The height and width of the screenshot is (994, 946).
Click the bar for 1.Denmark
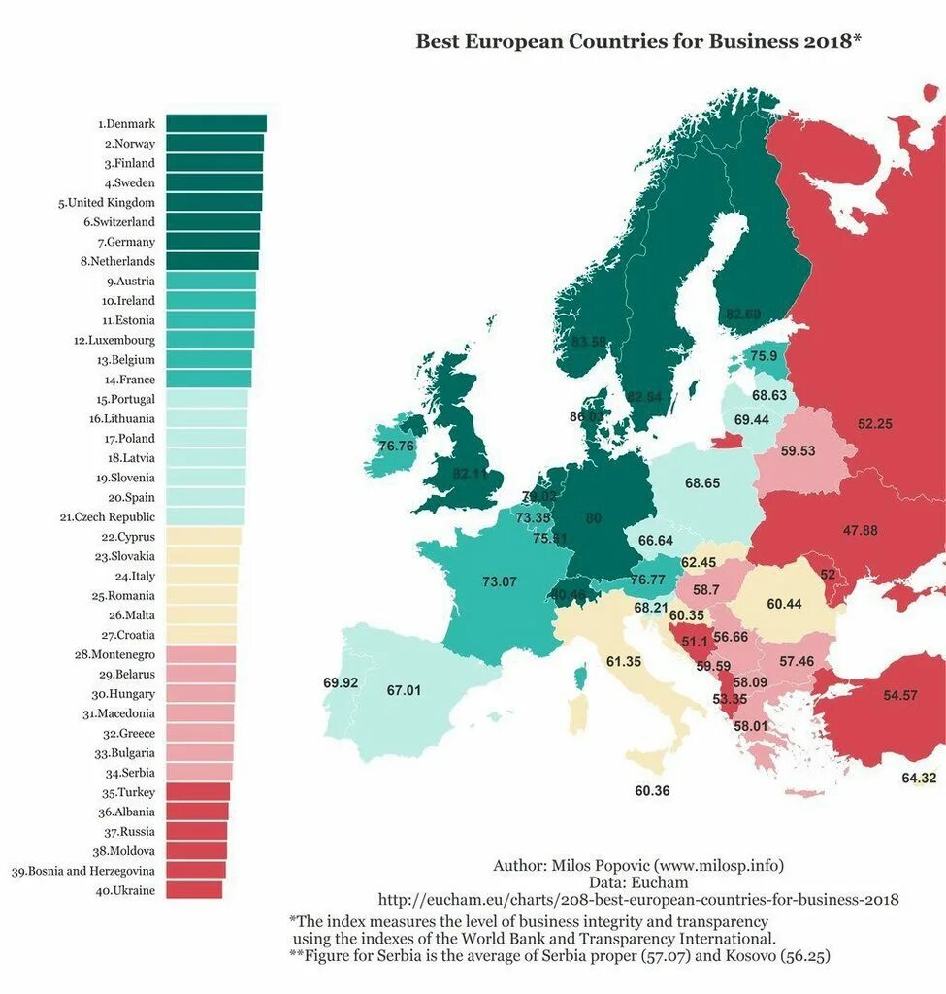215,123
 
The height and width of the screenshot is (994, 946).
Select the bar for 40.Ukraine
194,890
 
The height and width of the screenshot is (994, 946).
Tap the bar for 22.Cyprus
203,537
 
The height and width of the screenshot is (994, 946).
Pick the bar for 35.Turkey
198,792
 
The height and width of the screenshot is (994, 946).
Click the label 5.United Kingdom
106,203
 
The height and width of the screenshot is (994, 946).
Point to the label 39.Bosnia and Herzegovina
82,871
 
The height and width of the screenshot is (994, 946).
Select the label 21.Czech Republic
107,517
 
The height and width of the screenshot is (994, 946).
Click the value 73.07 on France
500,581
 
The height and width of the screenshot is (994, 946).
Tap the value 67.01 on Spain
404,690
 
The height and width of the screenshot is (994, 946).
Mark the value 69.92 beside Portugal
341,682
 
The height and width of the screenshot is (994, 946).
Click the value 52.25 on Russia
875,423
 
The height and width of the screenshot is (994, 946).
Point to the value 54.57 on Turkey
900,695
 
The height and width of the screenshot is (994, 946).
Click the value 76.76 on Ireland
396,446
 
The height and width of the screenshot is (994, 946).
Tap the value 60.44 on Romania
784,604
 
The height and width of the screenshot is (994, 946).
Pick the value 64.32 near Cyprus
919,778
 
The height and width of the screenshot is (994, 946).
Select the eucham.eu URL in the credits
637,900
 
